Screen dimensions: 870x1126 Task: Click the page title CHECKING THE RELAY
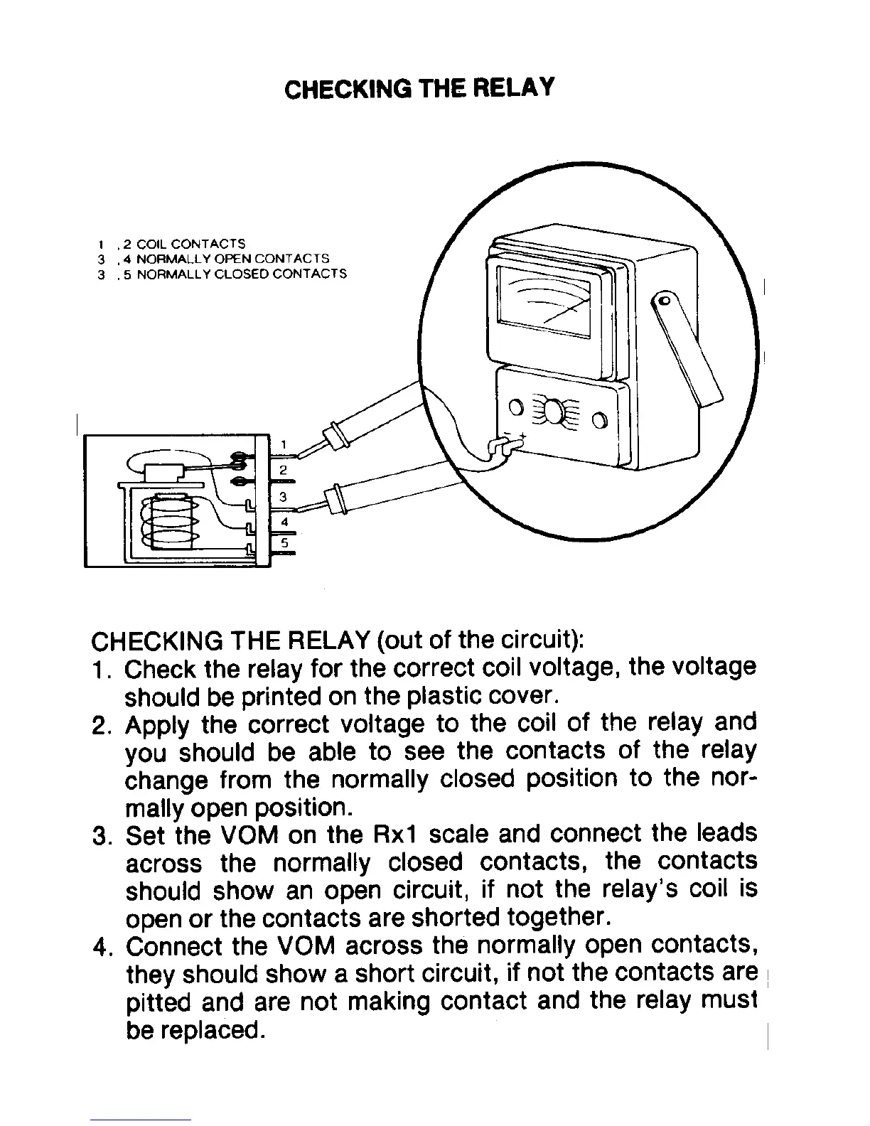[x=418, y=89]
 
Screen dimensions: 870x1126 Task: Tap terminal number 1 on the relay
[x=283, y=445]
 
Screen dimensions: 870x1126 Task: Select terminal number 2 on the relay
[x=283, y=470]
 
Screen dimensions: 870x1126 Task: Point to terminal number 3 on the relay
[x=283, y=495]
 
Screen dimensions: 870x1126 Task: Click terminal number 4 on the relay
[x=284, y=521]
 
